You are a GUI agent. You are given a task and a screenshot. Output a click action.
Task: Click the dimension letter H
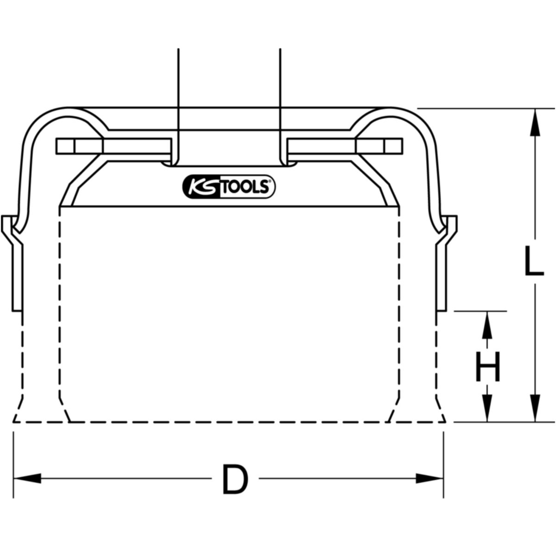(x=487, y=366)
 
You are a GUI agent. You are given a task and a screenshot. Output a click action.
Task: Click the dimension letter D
(x=235, y=479)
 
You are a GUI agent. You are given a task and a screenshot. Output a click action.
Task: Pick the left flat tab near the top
(x=79, y=146)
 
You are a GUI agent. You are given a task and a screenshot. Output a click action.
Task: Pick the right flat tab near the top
(x=378, y=146)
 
